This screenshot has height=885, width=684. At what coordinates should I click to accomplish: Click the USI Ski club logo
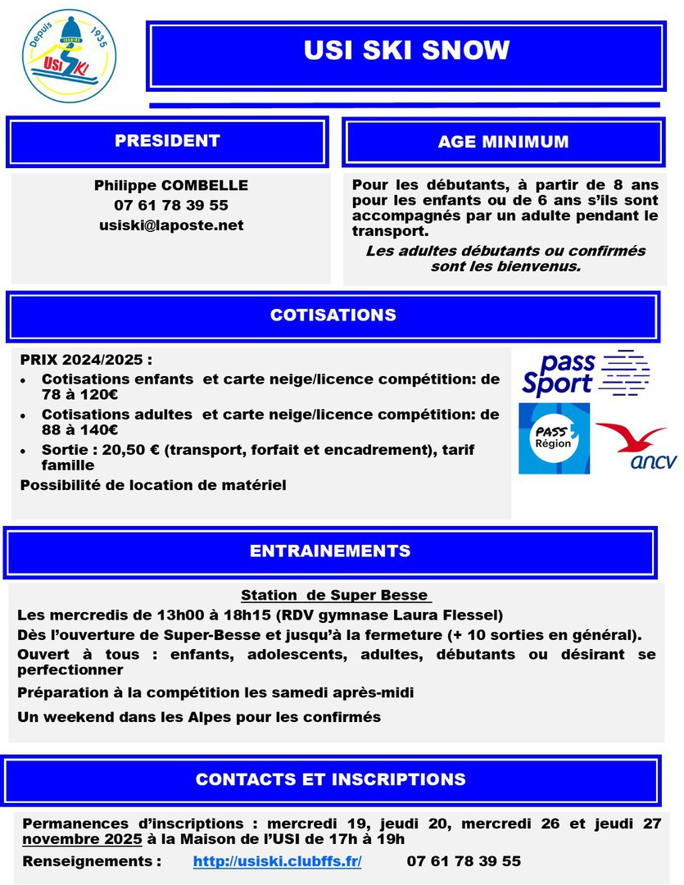68,54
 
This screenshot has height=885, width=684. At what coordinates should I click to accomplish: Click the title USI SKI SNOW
406,51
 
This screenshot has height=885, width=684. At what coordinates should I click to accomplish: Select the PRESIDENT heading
167,141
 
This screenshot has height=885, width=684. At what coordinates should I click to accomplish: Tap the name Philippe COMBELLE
171,185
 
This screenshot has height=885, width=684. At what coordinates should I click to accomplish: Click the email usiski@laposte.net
171,225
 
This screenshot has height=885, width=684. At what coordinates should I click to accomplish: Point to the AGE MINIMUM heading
503,142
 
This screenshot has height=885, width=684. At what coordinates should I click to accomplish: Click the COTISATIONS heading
333,315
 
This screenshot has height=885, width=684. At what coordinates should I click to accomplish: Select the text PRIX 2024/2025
86,361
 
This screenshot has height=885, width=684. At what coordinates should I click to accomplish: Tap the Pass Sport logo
585,374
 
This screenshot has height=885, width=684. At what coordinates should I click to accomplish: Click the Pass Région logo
554,438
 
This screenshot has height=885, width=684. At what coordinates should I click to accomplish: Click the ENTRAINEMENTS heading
330,551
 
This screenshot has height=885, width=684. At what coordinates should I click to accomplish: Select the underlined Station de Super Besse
336,595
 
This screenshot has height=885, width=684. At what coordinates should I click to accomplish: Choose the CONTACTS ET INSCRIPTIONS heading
330,779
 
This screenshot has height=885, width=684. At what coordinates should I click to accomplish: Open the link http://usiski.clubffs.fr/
277,861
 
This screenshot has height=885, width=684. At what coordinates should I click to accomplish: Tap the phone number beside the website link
464,861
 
